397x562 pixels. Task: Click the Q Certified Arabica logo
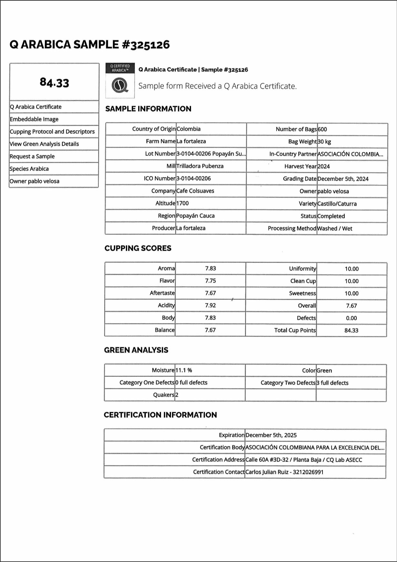tap(120, 81)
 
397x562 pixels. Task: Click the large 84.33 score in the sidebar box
tap(54, 83)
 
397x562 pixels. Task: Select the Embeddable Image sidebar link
tap(34, 119)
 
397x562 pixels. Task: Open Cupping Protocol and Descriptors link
tap(52, 131)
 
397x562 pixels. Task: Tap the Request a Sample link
tap(32, 156)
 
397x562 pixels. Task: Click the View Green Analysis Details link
tap(44, 144)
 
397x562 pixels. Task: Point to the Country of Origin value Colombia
tap(188, 129)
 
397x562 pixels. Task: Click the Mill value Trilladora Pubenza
tap(200, 166)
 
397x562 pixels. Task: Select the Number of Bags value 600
tap(322, 130)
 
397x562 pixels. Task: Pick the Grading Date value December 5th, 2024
tap(343, 179)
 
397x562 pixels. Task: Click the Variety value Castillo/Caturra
tap(337, 204)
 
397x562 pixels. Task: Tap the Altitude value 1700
tap(182, 203)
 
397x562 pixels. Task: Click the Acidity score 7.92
tap(210, 305)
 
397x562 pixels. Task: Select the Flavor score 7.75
tap(210, 281)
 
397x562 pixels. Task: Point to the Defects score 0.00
tap(351, 318)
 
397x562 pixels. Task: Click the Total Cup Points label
tap(295, 330)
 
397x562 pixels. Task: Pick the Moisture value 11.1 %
tap(184, 370)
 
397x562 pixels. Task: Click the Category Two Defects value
tap(332, 383)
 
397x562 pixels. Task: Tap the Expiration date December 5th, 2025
tap(271, 435)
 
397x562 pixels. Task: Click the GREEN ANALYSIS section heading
tap(136, 350)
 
